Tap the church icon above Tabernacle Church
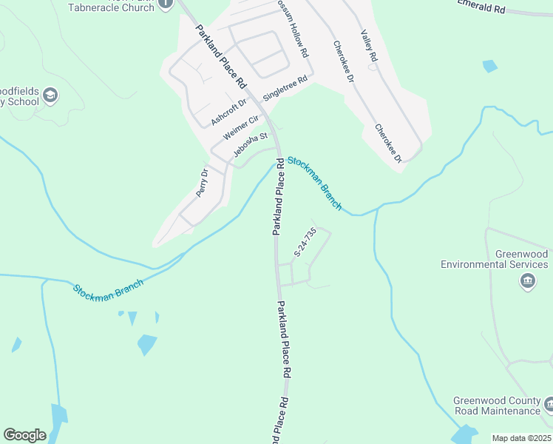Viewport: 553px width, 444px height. tap(165, 3)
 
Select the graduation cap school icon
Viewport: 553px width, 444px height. tap(50, 95)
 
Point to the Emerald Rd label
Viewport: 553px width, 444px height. tap(481, 7)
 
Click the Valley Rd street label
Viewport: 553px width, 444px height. tap(369, 46)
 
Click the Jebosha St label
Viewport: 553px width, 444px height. tap(250, 145)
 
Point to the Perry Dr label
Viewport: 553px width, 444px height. tap(203, 183)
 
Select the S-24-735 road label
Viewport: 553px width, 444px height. tap(305, 242)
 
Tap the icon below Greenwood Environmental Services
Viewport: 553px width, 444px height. tap(528, 280)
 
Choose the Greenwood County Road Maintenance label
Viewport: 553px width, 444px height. tap(497, 406)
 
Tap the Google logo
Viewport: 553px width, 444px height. tap(24, 435)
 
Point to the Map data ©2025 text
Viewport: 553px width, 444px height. tap(521, 438)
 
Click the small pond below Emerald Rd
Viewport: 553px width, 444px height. tap(489, 66)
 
